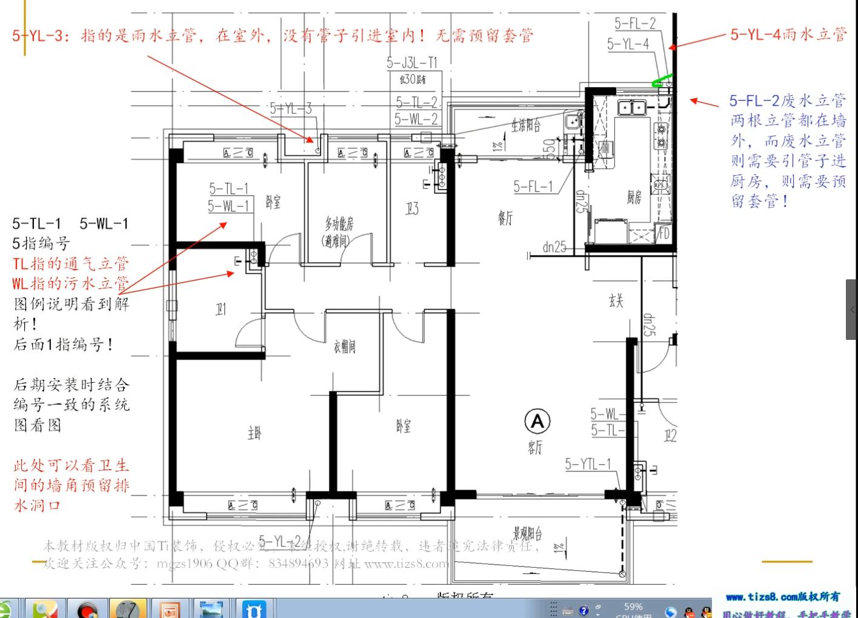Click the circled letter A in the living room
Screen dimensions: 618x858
point(537,421)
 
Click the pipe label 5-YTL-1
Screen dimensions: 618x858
point(588,464)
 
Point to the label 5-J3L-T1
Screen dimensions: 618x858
point(412,63)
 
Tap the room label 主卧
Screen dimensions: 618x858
point(254,433)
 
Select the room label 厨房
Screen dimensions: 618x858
point(634,197)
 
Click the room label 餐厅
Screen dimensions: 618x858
point(505,218)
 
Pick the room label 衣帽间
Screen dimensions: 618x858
point(344,347)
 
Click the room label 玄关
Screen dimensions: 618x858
point(616,301)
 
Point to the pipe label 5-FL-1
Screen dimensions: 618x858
point(533,187)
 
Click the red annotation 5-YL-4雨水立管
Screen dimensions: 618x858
point(788,34)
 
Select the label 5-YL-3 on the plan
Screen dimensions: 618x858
point(291,108)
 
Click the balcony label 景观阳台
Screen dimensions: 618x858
point(527,533)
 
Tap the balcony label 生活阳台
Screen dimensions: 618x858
point(525,125)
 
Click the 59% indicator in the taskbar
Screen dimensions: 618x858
point(633,606)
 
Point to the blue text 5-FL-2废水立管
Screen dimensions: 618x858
point(787,100)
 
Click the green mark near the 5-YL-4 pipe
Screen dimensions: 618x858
point(661,81)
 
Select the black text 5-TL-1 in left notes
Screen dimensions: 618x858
point(36,224)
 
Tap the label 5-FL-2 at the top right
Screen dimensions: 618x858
point(635,24)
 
